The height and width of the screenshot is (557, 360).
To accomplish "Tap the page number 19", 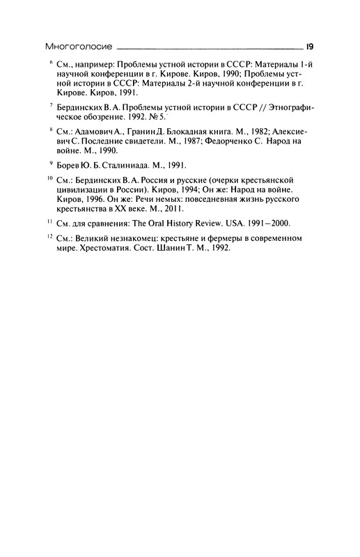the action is click(x=308, y=47).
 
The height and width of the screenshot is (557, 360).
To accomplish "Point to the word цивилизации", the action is click(x=84, y=188).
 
